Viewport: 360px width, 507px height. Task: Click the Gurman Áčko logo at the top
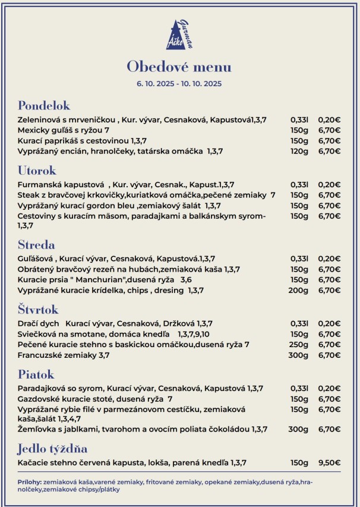[x=179, y=35]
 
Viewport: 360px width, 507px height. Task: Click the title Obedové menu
[x=179, y=66]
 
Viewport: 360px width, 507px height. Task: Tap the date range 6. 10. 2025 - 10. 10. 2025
[x=179, y=84]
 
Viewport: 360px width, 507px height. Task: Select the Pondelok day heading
[x=44, y=106]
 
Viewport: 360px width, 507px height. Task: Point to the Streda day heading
[x=36, y=245]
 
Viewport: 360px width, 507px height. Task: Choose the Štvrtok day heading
[x=39, y=310]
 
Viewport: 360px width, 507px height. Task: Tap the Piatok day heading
[x=36, y=374]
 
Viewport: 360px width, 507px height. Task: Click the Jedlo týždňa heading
[x=53, y=449]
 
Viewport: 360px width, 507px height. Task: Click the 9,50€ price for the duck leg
[x=329, y=462]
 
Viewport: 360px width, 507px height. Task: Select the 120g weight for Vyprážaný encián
[x=299, y=151]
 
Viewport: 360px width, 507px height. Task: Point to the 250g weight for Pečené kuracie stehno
[x=299, y=344]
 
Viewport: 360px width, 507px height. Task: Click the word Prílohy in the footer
[x=30, y=482]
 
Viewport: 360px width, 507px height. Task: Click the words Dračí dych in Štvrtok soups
[x=37, y=323]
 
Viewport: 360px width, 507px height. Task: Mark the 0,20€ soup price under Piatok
[x=329, y=388]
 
